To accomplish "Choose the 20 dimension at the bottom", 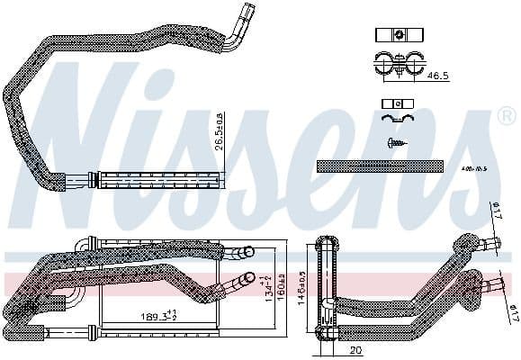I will [357, 349].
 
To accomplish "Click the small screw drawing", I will [396, 141].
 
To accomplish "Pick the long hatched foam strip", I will [381, 166].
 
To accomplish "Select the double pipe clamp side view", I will [396, 64].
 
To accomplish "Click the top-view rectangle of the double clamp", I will [396, 35].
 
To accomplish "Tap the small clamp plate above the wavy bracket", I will [396, 103].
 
